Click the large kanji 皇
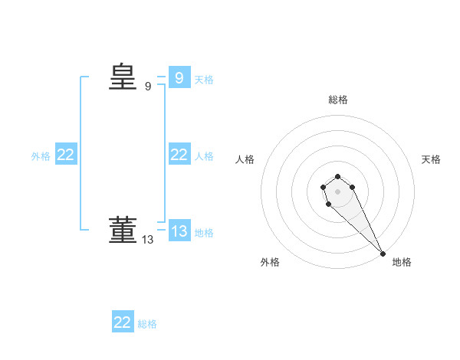pyautogui.click(x=122, y=77)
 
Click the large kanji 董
pyautogui.click(x=122, y=230)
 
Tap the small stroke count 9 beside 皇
pyautogui.click(x=148, y=87)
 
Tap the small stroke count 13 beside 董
pyautogui.click(x=148, y=240)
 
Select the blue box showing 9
pyautogui.click(x=179, y=77)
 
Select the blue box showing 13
pyautogui.click(x=179, y=231)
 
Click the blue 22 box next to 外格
pyautogui.click(x=66, y=155)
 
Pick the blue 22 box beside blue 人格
pyautogui.click(x=179, y=155)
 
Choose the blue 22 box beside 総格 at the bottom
pyautogui.click(x=123, y=322)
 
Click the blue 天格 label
pyautogui.click(x=204, y=79)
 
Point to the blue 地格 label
pyautogui.click(x=204, y=232)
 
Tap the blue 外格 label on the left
pyautogui.click(x=41, y=156)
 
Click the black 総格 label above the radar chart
pyautogui.click(x=338, y=100)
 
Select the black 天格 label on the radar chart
pyautogui.click(x=431, y=159)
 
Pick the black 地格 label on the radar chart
pyautogui.click(x=402, y=262)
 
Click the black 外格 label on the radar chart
pyautogui.click(x=270, y=262)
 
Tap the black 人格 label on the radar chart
pyautogui.click(x=245, y=159)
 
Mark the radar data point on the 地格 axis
pyautogui.click(x=383, y=254)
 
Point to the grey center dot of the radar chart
pyautogui.click(x=337, y=191)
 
